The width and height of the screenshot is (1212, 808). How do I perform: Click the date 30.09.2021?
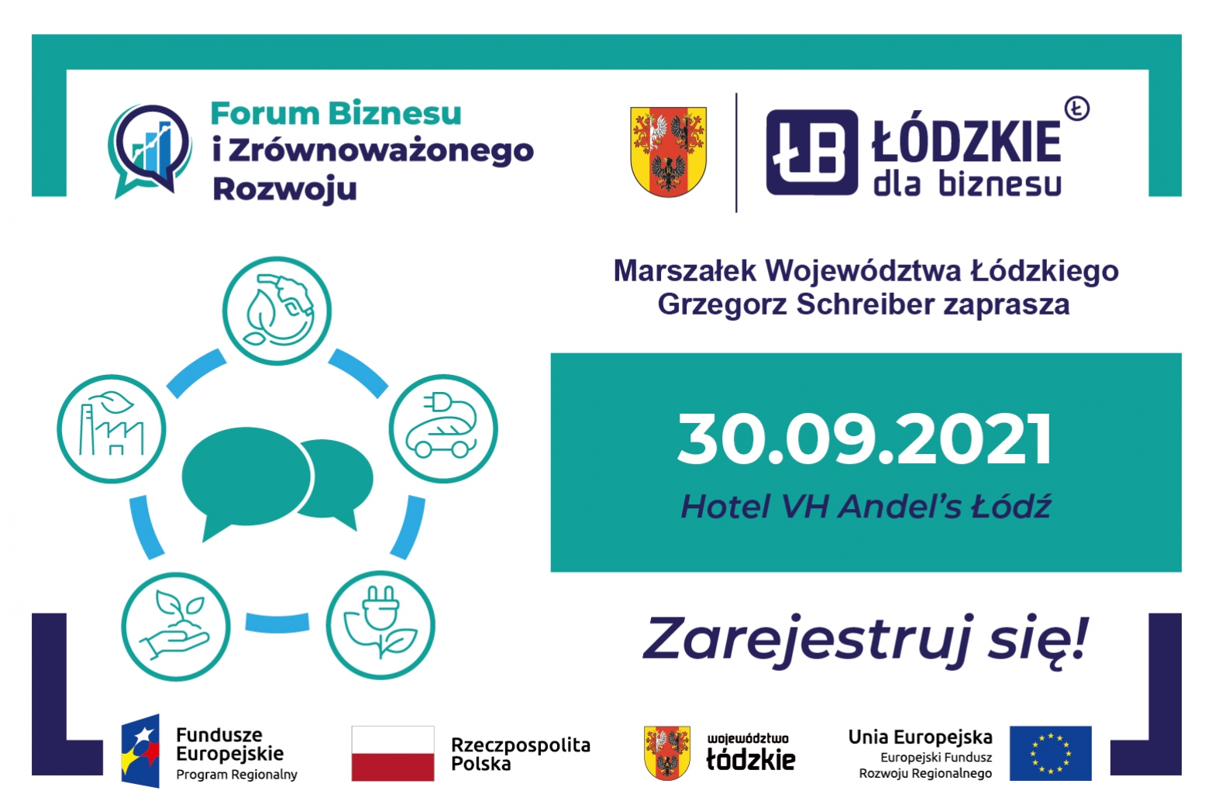coord(865,438)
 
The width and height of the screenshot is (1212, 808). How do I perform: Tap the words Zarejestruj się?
coord(865,641)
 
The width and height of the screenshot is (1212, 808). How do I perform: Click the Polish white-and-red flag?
coord(393,753)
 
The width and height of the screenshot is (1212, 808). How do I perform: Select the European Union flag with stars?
coord(1050,753)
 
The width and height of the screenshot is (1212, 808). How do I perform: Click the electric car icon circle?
coord(443,428)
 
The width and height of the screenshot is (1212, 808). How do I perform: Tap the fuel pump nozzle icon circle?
coord(277,311)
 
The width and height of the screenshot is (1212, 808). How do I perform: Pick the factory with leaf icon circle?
coord(112,428)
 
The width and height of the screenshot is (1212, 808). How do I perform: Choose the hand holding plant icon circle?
coord(176,626)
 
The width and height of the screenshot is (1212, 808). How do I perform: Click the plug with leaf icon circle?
coord(380,625)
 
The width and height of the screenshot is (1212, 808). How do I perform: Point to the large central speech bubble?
coord(246,481)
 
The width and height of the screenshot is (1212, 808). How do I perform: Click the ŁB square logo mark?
coord(812,152)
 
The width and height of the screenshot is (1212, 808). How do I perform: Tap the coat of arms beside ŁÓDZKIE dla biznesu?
coord(668,151)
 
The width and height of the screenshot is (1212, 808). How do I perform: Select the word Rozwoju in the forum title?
coord(284,190)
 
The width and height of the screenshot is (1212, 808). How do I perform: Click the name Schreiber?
coord(865,304)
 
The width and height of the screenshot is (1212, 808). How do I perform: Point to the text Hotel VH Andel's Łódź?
coord(866,507)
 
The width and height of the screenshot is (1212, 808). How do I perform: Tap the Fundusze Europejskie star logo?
coord(140,751)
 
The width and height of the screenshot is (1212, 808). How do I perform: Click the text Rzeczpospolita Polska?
coord(521,754)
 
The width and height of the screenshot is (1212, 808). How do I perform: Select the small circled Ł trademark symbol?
coord(1076,108)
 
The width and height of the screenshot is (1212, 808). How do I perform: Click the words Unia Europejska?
coord(921,738)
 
